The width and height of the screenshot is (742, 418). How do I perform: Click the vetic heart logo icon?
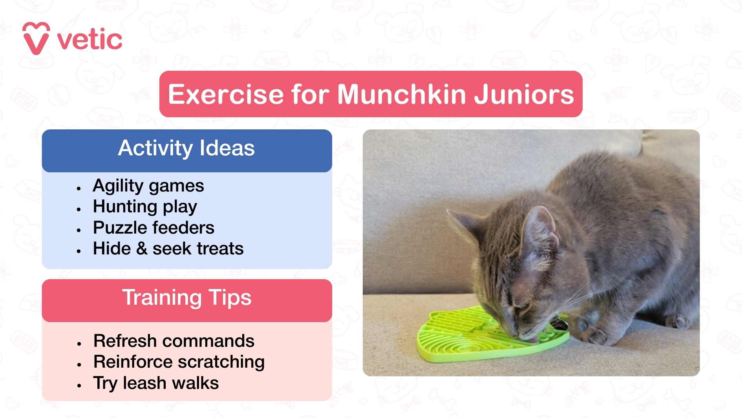tap(36, 39)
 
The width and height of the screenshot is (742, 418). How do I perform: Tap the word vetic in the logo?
tap(90, 40)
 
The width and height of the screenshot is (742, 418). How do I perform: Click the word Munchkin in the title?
tap(402, 94)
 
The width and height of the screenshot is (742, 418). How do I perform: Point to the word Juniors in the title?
tap(524, 94)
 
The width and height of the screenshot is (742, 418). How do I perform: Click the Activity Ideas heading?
tap(186, 148)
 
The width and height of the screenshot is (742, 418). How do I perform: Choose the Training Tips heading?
tap(186, 298)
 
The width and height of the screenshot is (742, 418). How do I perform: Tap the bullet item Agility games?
tap(148, 186)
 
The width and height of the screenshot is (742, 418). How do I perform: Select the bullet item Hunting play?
tap(145, 206)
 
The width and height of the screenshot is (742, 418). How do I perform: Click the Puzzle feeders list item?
tap(154, 228)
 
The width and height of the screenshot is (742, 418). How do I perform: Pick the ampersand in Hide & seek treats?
tap(142, 249)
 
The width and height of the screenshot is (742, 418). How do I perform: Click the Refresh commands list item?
tap(174, 341)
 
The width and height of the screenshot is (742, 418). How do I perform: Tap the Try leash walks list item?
tap(156, 383)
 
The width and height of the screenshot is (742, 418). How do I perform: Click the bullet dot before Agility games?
tap(79, 188)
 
